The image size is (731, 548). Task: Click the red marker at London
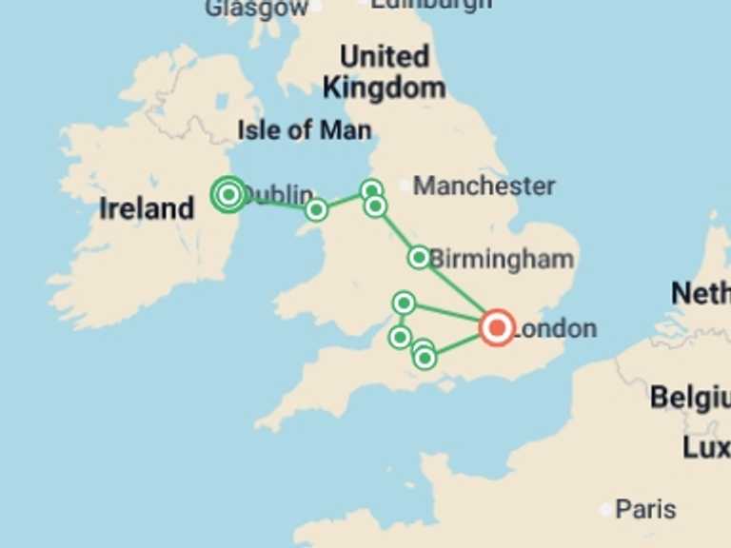496,327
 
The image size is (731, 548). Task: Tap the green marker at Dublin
228,194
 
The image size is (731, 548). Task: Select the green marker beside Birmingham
419,257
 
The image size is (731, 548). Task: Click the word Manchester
484,186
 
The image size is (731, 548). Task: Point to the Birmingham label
502,259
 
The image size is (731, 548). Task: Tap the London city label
555,329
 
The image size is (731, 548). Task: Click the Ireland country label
147,208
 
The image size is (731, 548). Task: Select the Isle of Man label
304,129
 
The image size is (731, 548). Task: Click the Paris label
645,509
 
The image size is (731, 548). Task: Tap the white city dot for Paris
606,510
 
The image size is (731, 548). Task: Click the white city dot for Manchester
405,185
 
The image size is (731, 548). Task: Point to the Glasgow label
257,9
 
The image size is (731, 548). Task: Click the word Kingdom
384,88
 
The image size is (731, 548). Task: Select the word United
384,56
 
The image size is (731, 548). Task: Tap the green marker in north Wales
316,209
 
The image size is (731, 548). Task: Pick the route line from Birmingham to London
459,293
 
